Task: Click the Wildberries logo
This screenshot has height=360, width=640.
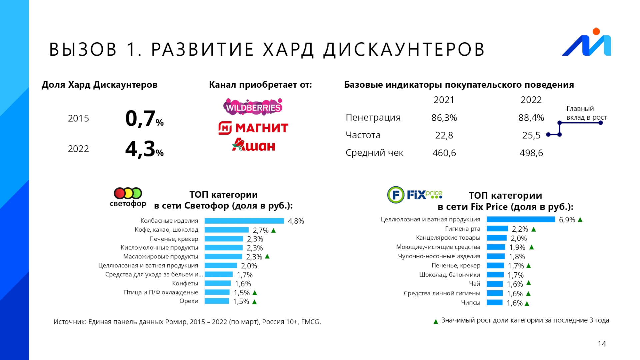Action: pyautogui.click(x=253, y=107)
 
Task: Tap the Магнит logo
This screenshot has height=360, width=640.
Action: pyautogui.click(x=253, y=128)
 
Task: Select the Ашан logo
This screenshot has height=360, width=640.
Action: pyautogui.click(x=254, y=145)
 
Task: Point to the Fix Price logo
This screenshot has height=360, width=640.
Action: pyautogui.click(x=415, y=195)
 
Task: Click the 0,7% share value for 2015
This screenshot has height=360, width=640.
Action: pyautogui.click(x=144, y=119)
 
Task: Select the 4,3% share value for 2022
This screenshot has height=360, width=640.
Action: pyautogui.click(x=144, y=149)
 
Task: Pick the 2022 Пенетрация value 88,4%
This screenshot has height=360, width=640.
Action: pyautogui.click(x=531, y=118)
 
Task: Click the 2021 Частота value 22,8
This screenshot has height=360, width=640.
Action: pyautogui.click(x=444, y=135)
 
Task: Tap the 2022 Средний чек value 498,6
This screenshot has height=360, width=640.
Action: pyautogui.click(x=531, y=153)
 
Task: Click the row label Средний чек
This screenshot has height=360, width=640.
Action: pyautogui.click(x=374, y=153)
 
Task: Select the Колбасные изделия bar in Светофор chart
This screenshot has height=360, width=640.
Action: pyautogui.click(x=244, y=221)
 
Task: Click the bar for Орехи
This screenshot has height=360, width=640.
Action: pyautogui.click(x=217, y=301)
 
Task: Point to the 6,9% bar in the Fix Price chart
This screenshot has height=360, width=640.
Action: pyautogui.click(x=521, y=219)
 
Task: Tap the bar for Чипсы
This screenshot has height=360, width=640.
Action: pyautogui.click(x=495, y=302)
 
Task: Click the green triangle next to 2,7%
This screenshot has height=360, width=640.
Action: pyautogui.click(x=274, y=230)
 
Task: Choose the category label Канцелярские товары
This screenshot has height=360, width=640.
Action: pyautogui.click(x=448, y=238)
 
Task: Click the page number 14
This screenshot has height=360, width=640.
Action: pyautogui.click(x=602, y=344)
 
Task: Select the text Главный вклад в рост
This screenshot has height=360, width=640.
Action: pyautogui.click(x=586, y=113)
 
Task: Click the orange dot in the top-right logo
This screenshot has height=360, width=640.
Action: pyautogui.click(x=596, y=31)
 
